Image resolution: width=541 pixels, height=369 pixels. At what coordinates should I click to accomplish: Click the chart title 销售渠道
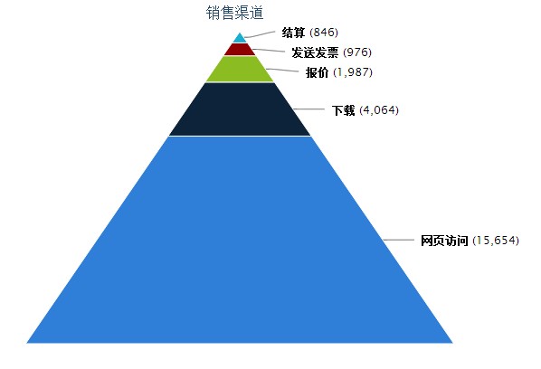click(x=234, y=13)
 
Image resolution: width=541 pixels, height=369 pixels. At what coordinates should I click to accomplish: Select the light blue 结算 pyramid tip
click(x=240, y=39)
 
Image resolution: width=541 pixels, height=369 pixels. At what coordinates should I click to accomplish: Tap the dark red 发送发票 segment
click(x=240, y=50)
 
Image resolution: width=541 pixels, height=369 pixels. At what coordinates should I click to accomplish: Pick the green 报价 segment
click(x=240, y=70)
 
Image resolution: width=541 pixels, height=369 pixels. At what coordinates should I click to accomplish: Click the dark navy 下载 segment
click(x=240, y=109)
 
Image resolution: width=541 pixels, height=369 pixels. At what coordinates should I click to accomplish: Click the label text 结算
click(x=293, y=33)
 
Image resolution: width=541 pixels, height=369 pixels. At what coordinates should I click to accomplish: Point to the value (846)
click(x=324, y=33)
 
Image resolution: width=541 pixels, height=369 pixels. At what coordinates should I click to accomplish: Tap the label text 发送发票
click(x=315, y=52)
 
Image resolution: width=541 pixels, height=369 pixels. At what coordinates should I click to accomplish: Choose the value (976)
click(x=357, y=52)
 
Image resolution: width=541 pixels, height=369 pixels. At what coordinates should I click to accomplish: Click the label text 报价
click(x=317, y=72)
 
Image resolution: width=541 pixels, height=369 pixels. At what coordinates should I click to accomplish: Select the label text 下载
click(x=343, y=110)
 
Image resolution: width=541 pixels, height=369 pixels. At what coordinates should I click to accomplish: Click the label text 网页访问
click(x=444, y=241)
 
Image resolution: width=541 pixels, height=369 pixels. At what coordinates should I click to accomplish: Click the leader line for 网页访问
click(x=398, y=240)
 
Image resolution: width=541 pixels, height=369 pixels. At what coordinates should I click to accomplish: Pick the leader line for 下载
click(x=308, y=109)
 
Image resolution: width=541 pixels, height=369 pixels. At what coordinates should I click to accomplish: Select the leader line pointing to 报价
click(x=282, y=70)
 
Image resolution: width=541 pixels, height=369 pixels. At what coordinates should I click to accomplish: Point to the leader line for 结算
click(x=260, y=34)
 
